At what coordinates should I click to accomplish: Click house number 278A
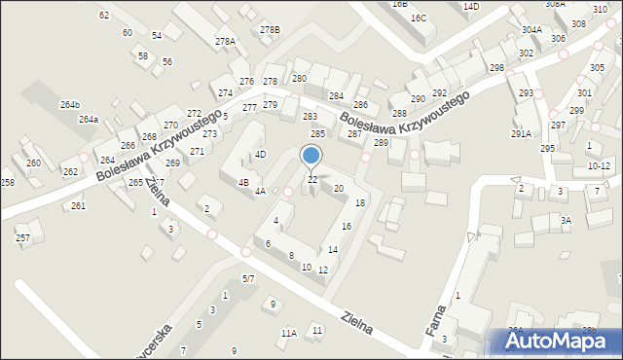point(226,41)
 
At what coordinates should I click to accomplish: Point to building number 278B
point(270,30)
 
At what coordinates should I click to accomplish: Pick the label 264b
point(70,104)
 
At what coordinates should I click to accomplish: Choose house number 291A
point(521,134)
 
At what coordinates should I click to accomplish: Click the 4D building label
point(260,154)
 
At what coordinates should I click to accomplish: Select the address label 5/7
point(248,279)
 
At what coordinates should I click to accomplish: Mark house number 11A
point(289,333)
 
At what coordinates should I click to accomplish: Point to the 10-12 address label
point(599,166)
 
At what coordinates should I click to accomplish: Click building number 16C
point(419,18)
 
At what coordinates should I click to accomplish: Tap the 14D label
point(471,7)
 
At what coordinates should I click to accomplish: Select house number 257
point(23,237)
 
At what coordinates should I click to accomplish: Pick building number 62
point(104,16)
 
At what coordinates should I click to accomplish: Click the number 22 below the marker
point(312,180)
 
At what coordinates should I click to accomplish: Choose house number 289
point(381,143)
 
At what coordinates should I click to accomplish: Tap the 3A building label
point(566,221)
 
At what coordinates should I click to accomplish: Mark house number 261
point(78,205)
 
